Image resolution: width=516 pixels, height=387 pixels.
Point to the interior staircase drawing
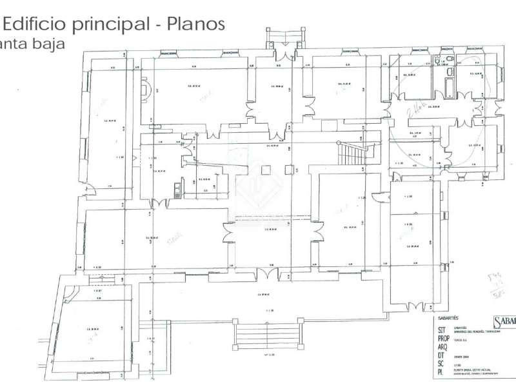point(352,155)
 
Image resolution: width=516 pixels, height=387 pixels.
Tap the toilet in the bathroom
point(450,63)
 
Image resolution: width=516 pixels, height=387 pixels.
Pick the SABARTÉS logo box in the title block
point(503,322)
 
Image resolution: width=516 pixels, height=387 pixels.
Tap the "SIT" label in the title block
point(442,328)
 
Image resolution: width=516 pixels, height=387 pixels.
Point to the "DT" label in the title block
point(442,355)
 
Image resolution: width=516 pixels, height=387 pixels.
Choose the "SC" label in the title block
point(442,364)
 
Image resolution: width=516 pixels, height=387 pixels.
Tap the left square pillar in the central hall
point(265,169)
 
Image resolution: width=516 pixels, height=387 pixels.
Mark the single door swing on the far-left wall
point(90,192)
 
